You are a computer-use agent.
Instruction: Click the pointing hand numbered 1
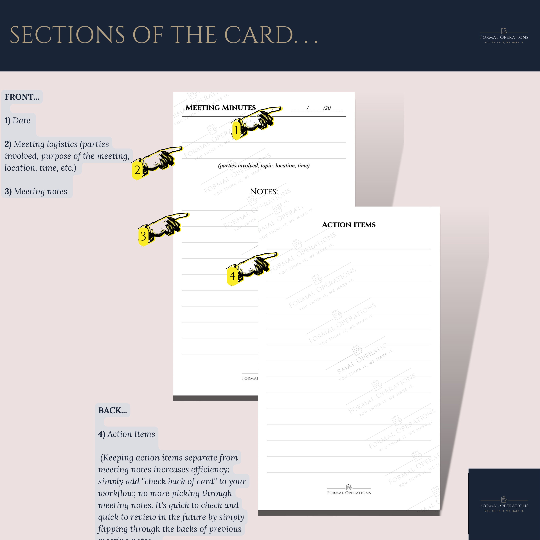pyautogui.click(x=256, y=121)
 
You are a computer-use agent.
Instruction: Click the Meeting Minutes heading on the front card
pyautogui.click(x=220, y=108)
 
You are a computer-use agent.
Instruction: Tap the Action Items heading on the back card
pyautogui.click(x=348, y=225)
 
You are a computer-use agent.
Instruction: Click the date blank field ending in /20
pyautogui.click(x=317, y=108)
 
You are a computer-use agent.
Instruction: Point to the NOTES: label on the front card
pyautogui.click(x=264, y=192)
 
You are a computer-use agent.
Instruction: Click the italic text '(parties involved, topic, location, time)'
pyautogui.click(x=264, y=165)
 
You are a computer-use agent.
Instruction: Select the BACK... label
pyautogui.click(x=112, y=410)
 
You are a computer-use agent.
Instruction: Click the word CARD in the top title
pyautogui.click(x=258, y=35)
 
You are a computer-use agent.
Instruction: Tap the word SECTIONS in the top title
pyautogui.click(x=67, y=35)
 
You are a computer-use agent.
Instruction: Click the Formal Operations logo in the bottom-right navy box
pyautogui.click(x=504, y=505)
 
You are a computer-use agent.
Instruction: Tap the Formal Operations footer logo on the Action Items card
pyautogui.click(x=349, y=490)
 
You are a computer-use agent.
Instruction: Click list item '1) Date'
pyautogui.click(x=17, y=120)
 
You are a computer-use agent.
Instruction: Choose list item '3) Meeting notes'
pyautogui.click(x=36, y=192)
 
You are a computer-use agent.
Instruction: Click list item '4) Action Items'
pyautogui.click(x=126, y=434)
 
